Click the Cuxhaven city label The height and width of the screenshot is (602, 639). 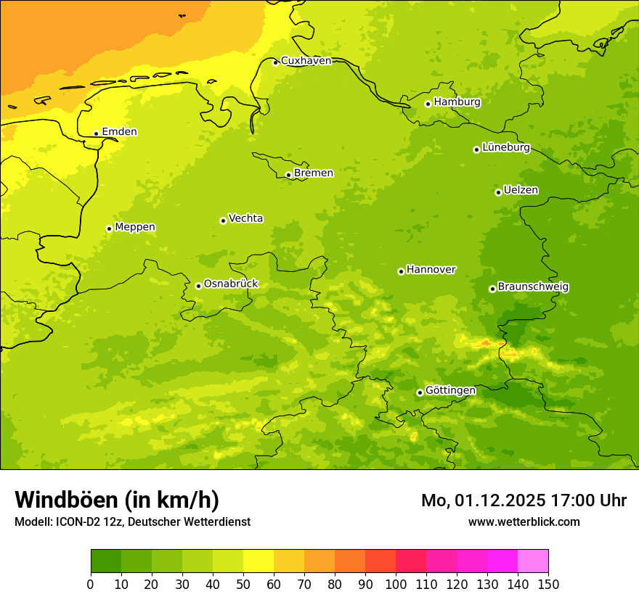coord(306,61)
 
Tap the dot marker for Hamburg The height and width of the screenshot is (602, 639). coord(428,104)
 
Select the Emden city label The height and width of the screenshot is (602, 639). coord(119,132)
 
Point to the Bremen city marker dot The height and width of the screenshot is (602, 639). coord(288,175)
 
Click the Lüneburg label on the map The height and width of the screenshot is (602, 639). coord(506,148)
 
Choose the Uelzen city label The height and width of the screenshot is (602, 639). coord(521,191)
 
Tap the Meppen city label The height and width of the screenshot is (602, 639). coord(135,227)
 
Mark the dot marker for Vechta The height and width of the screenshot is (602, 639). coord(223,220)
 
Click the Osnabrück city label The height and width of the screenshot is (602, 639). coord(231,284)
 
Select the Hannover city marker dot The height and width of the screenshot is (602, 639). coord(401,271)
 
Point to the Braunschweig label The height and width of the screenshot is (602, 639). coord(533,287)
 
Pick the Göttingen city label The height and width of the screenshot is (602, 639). coord(450,391)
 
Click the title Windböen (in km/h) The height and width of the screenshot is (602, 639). coord(117,500)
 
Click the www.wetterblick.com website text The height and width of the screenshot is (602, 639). coord(524,521)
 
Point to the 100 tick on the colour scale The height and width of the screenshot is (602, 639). coord(396,583)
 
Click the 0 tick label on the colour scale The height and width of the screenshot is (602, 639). coord(91,583)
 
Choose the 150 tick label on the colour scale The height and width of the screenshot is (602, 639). coord(548,583)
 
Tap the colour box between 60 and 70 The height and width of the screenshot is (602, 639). coord(289,561)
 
